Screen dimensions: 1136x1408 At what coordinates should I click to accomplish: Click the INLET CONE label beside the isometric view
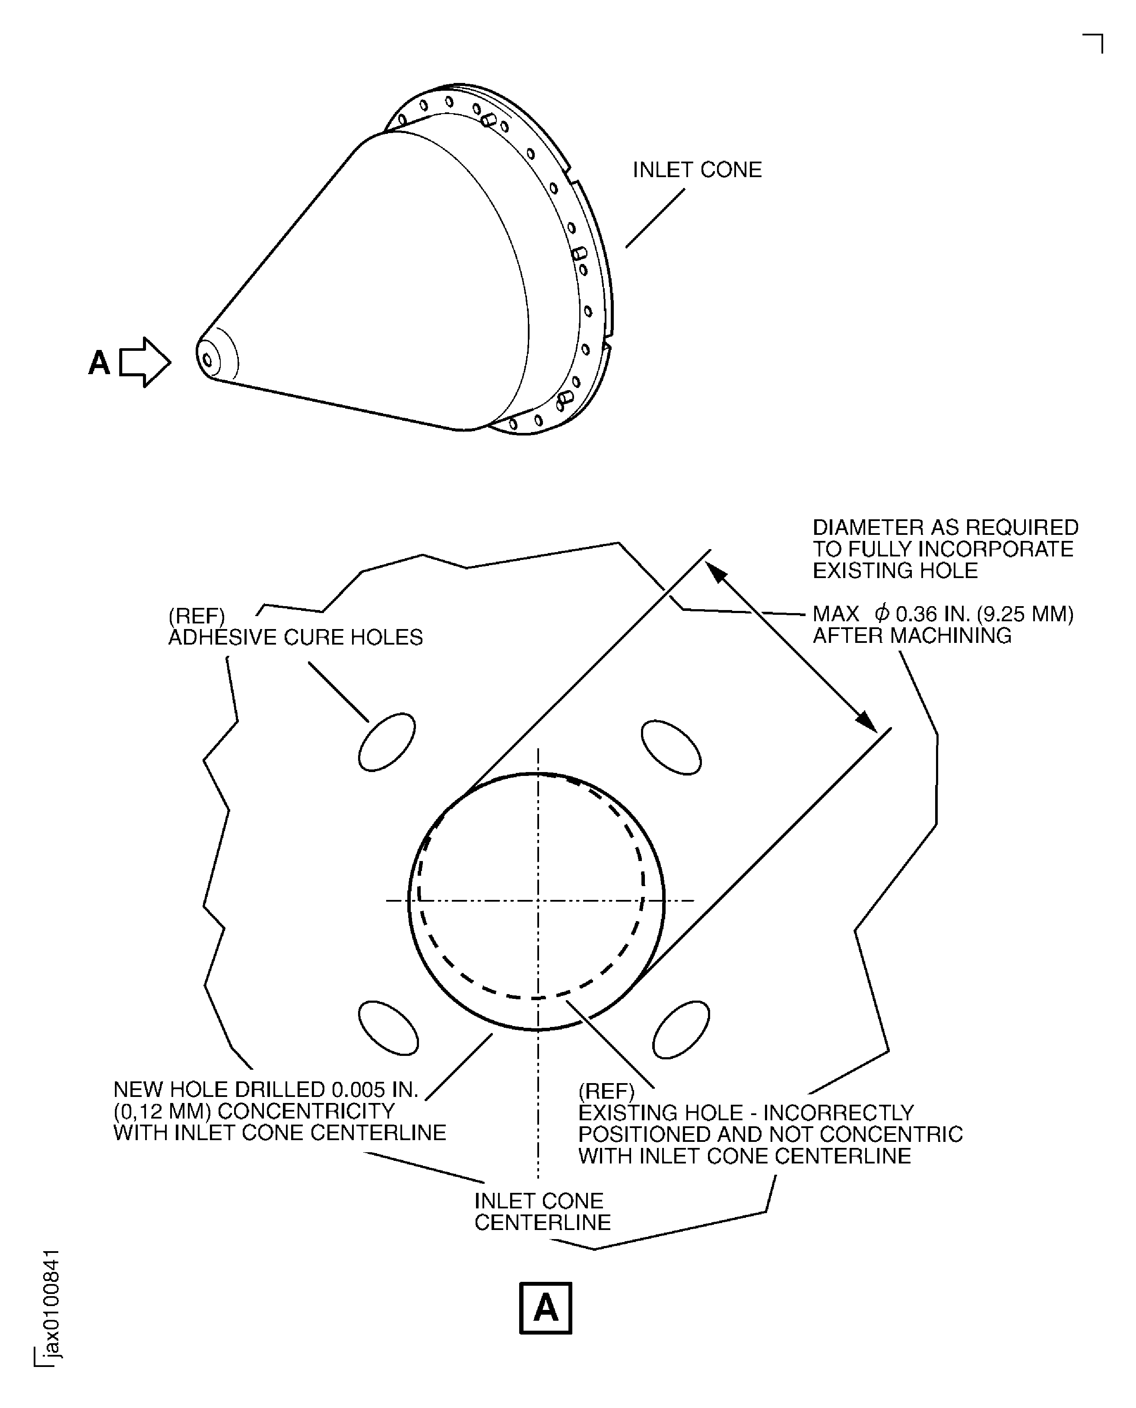pyautogui.click(x=697, y=170)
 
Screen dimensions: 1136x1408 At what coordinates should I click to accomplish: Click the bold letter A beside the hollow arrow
pyautogui.click(x=99, y=362)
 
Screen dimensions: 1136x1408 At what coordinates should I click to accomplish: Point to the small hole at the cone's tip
pyautogui.click(x=207, y=360)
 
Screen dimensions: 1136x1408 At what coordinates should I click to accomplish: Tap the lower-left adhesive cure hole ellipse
pyautogui.click(x=389, y=1028)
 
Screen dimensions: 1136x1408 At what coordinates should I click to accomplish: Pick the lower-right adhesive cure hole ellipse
pyautogui.click(x=681, y=1030)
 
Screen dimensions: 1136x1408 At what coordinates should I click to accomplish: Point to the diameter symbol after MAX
pyautogui.click(x=882, y=614)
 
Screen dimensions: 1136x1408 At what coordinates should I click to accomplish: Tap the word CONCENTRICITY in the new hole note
pyautogui.click(x=306, y=1111)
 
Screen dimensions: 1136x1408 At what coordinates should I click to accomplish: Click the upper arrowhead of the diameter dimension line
pyautogui.click(x=717, y=573)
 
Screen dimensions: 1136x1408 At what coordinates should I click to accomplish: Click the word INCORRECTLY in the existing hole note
pyautogui.click(x=839, y=1113)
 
